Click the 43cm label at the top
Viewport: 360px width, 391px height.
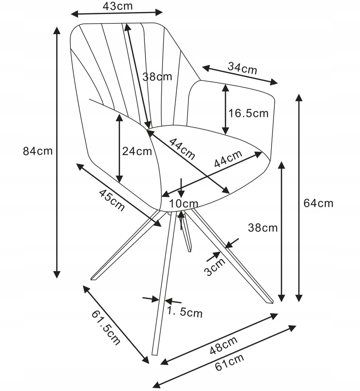118,6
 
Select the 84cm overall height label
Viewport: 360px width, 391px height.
38,151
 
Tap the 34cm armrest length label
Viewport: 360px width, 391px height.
242,68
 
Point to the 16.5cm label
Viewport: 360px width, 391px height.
249,114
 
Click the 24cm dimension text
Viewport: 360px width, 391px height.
137,151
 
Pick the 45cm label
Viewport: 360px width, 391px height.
111,200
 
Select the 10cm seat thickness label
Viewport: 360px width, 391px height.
184,204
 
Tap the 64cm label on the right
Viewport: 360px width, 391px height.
318,203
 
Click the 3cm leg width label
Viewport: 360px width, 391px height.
215,267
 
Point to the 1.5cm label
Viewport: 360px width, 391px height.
184,312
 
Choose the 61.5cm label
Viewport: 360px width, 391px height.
106,328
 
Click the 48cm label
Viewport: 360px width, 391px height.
224,345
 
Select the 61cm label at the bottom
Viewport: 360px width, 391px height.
229,363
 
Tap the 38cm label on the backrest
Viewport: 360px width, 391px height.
157,77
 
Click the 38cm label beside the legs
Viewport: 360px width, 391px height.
263,228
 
